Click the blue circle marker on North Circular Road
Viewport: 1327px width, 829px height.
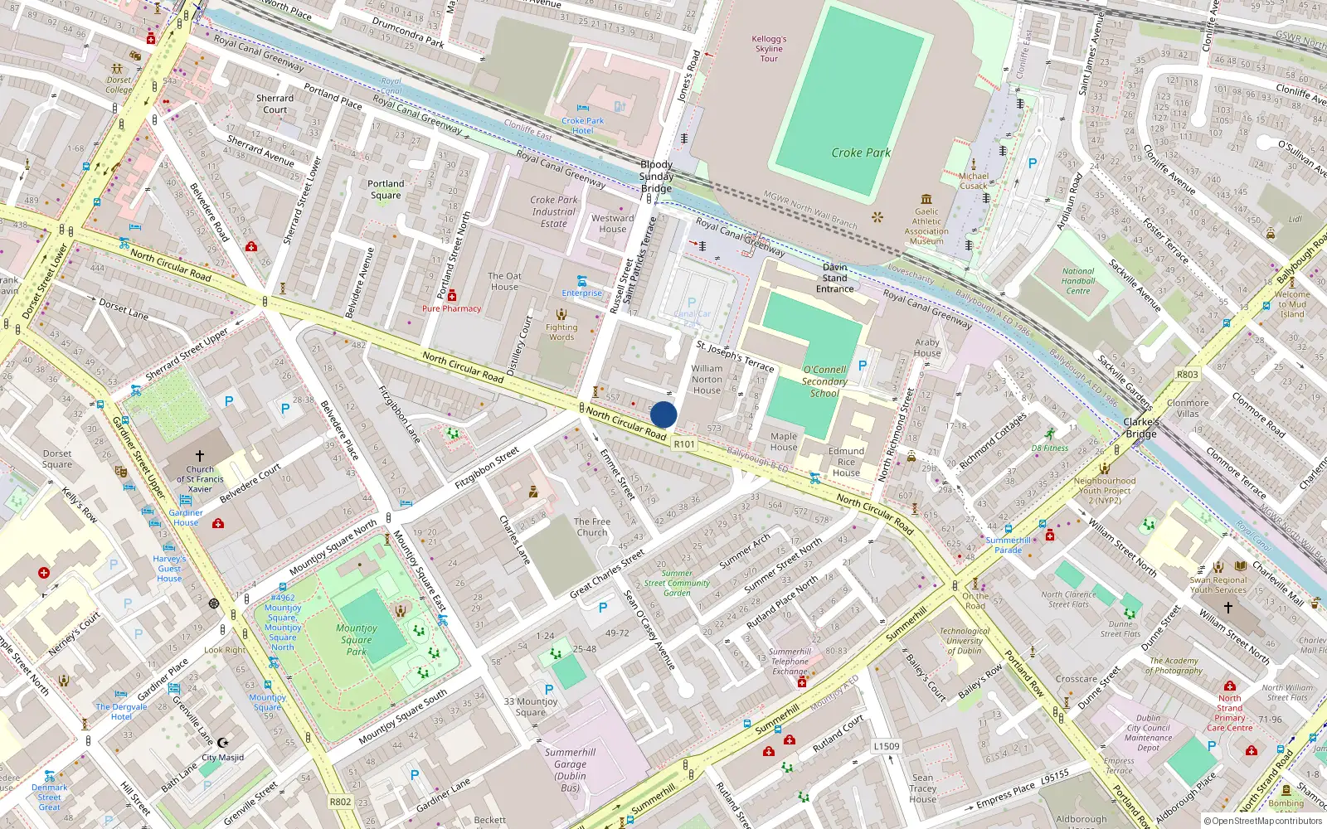coord(663,414)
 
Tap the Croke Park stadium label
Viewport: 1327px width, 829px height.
coord(861,153)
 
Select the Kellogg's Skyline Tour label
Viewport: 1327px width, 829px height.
coord(769,49)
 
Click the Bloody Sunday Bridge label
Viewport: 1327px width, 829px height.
coord(656,177)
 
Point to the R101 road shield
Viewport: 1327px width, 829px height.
coord(684,444)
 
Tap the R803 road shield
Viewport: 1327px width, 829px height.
coord(1187,375)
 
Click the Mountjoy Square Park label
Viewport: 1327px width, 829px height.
coord(357,639)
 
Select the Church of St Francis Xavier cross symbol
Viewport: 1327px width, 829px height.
coord(200,456)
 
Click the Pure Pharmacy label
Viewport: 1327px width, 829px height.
coord(451,308)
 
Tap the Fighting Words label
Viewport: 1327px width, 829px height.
coord(561,332)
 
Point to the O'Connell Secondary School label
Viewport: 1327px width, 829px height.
coord(824,381)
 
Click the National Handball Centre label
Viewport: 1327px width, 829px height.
coord(1078,281)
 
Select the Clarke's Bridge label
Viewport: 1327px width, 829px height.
coord(1141,428)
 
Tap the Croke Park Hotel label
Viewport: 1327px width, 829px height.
coord(582,126)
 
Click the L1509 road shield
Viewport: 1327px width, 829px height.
coord(886,746)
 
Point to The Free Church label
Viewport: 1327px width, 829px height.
coord(592,527)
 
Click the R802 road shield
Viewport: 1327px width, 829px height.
coord(340,802)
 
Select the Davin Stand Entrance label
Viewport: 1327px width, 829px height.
coord(834,278)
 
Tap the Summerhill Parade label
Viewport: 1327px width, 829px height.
coord(1008,545)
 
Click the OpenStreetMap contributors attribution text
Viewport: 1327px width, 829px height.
coord(1262,821)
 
